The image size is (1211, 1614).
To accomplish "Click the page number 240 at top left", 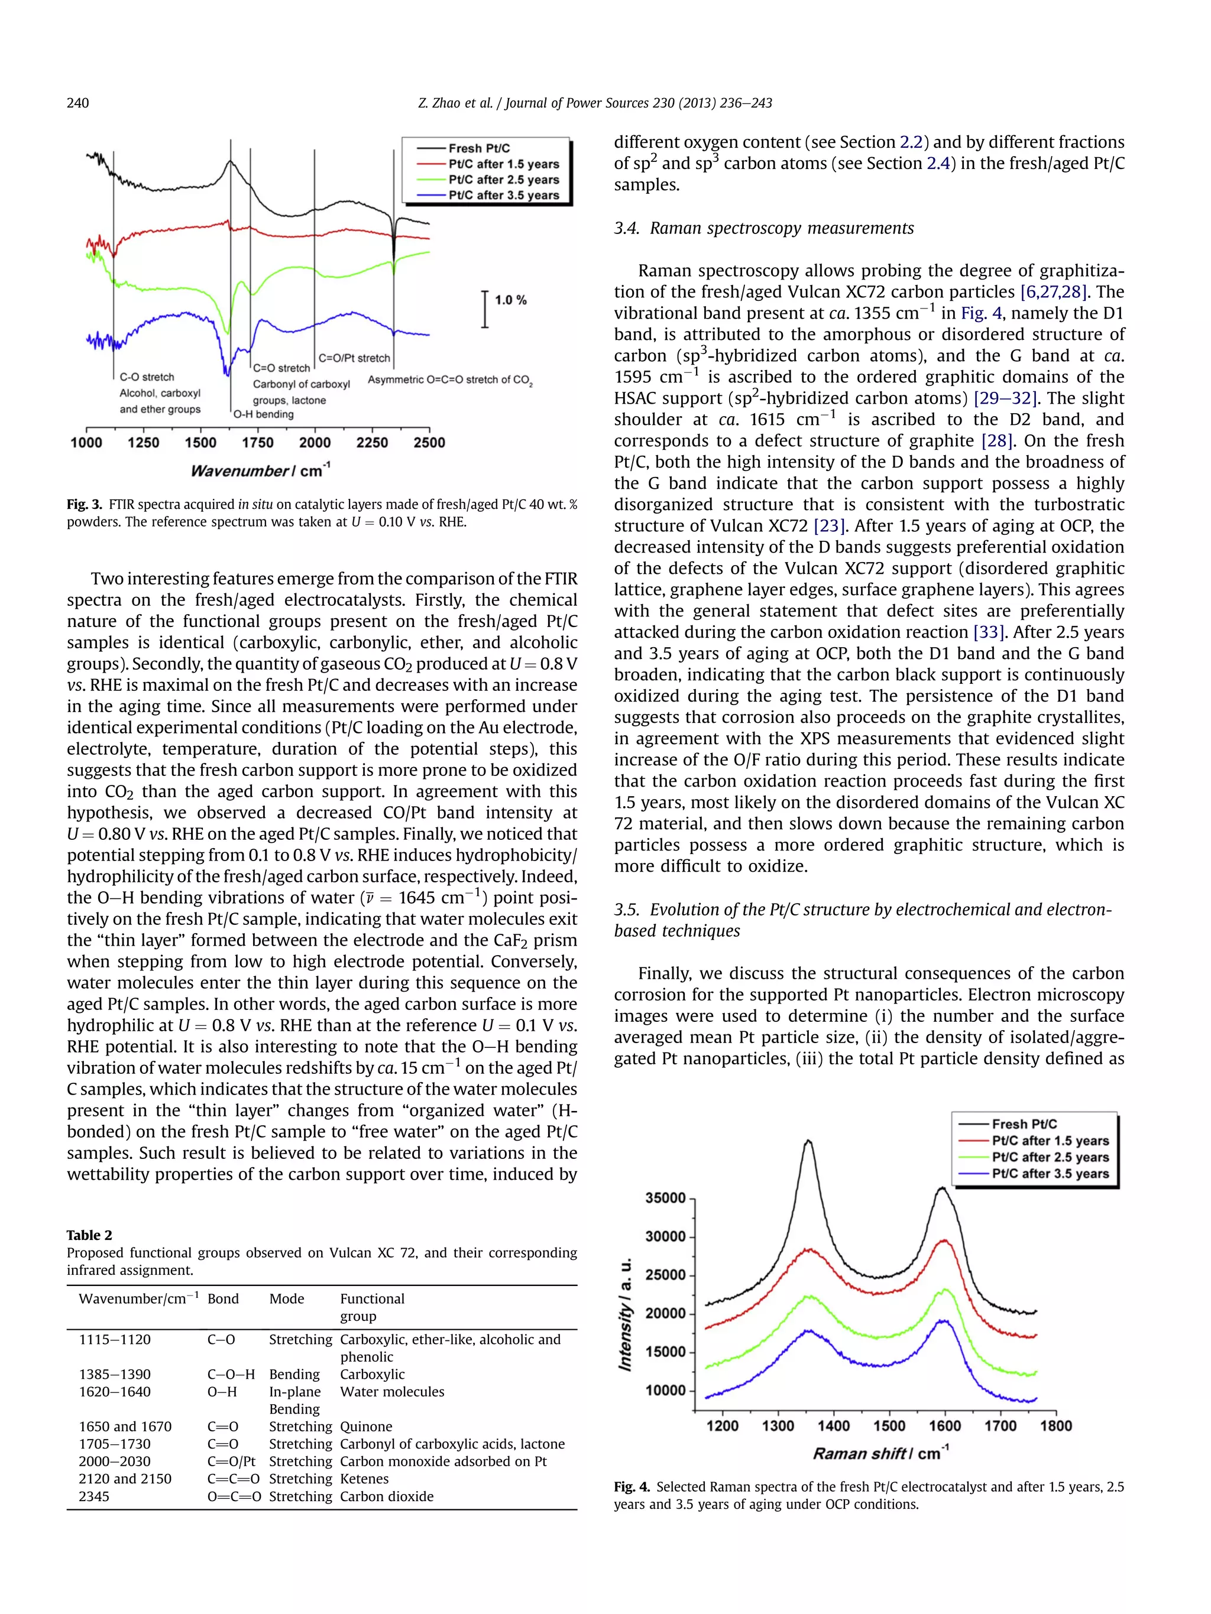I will [x=77, y=103].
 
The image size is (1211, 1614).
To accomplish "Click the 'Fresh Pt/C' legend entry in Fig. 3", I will [x=478, y=148].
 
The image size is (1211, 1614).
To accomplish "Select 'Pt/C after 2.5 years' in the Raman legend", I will [x=1050, y=1157].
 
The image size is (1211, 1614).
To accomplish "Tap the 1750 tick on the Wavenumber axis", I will [x=258, y=442].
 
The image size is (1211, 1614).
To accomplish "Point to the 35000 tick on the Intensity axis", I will [x=665, y=1198].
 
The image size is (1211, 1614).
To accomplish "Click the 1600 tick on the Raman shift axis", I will [x=944, y=1425].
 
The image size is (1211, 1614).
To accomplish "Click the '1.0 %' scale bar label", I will [x=510, y=300].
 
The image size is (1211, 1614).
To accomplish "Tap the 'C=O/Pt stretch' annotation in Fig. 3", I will [x=354, y=358].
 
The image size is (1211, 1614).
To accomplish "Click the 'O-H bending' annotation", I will [x=264, y=414].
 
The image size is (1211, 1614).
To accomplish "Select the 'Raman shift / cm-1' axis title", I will [x=880, y=1453].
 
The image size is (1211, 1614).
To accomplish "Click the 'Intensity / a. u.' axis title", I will [x=626, y=1313].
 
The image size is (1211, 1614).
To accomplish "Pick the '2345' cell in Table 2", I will [x=94, y=1496].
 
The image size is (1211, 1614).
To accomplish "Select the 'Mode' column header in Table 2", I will [x=286, y=1299].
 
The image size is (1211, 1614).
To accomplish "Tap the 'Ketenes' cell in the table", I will [x=364, y=1479].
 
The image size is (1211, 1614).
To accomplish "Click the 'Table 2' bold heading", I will [x=89, y=1235].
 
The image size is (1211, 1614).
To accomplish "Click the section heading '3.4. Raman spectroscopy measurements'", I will [x=763, y=228].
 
